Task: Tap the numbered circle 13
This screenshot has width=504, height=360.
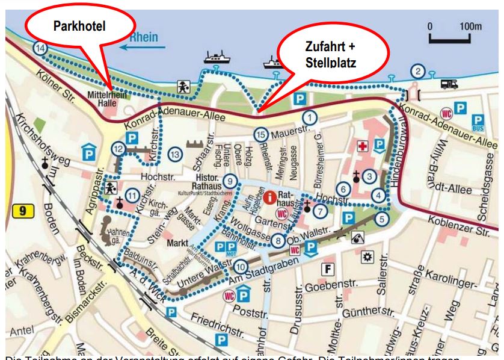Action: tap(175, 155)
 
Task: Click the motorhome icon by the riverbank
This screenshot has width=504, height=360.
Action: tap(450, 84)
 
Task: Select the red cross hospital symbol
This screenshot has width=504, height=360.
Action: tap(362, 147)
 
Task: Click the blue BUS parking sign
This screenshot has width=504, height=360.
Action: tap(479, 123)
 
